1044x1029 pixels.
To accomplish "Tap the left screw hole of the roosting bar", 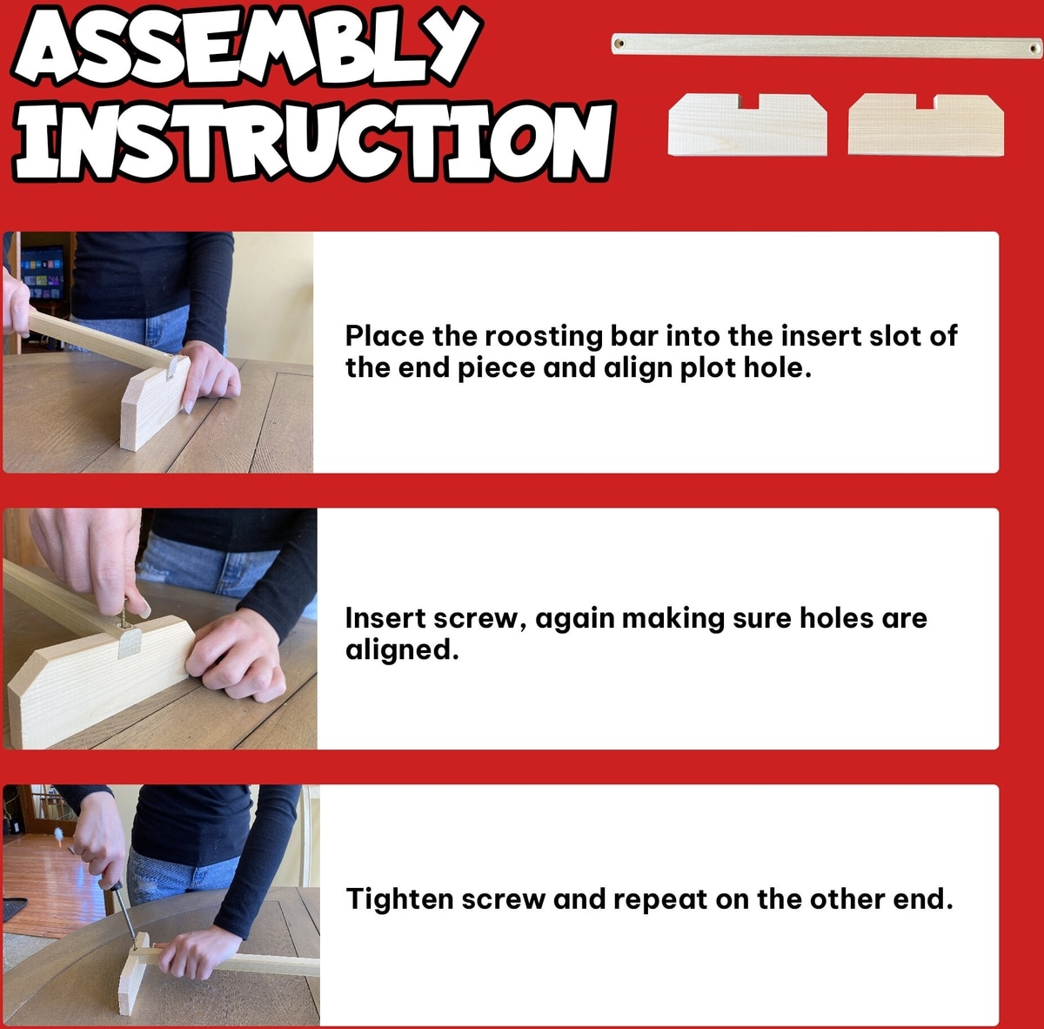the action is tap(620, 44).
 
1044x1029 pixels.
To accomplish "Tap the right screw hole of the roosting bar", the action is tap(1034, 49).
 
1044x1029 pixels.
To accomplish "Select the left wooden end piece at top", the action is tap(747, 125).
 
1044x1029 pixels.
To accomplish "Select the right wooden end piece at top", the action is tap(926, 125).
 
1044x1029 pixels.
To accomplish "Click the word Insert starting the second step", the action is tap(385, 618).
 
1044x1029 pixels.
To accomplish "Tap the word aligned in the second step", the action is tap(401, 649).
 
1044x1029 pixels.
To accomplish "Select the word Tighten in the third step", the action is tap(400, 899).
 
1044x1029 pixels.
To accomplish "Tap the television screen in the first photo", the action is tap(42, 273).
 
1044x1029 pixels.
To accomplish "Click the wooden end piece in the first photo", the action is tap(155, 401).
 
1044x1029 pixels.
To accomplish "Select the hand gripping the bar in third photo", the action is tap(196, 953).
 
